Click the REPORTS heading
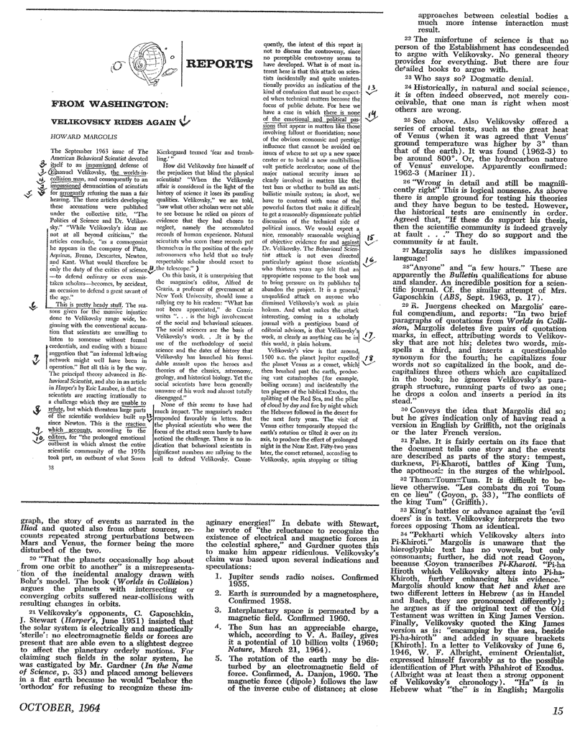coord(213,64)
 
